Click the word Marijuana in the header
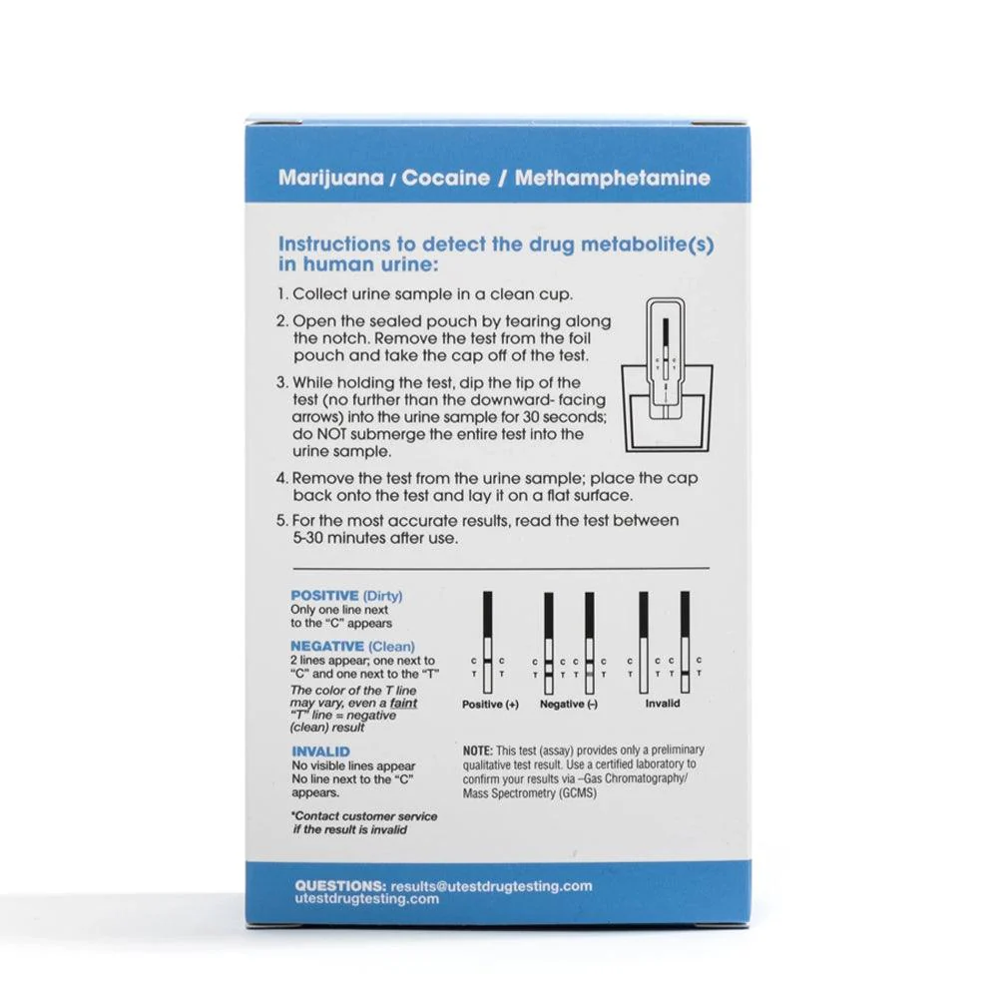click(331, 179)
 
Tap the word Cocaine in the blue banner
click(445, 178)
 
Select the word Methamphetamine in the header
click(613, 178)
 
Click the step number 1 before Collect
click(281, 294)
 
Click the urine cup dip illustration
click(667, 375)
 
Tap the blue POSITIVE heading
click(324, 596)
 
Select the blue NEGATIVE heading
click(327, 646)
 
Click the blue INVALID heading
click(320, 751)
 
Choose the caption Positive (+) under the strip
click(490, 705)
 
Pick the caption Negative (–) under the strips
click(569, 705)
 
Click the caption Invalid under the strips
click(663, 704)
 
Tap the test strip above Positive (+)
click(488, 642)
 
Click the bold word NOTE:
click(477, 750)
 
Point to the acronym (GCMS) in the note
click(576, 793)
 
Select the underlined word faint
click(403, 703)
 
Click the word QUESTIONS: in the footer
click(340, 885)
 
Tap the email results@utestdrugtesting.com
click(491, 886)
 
